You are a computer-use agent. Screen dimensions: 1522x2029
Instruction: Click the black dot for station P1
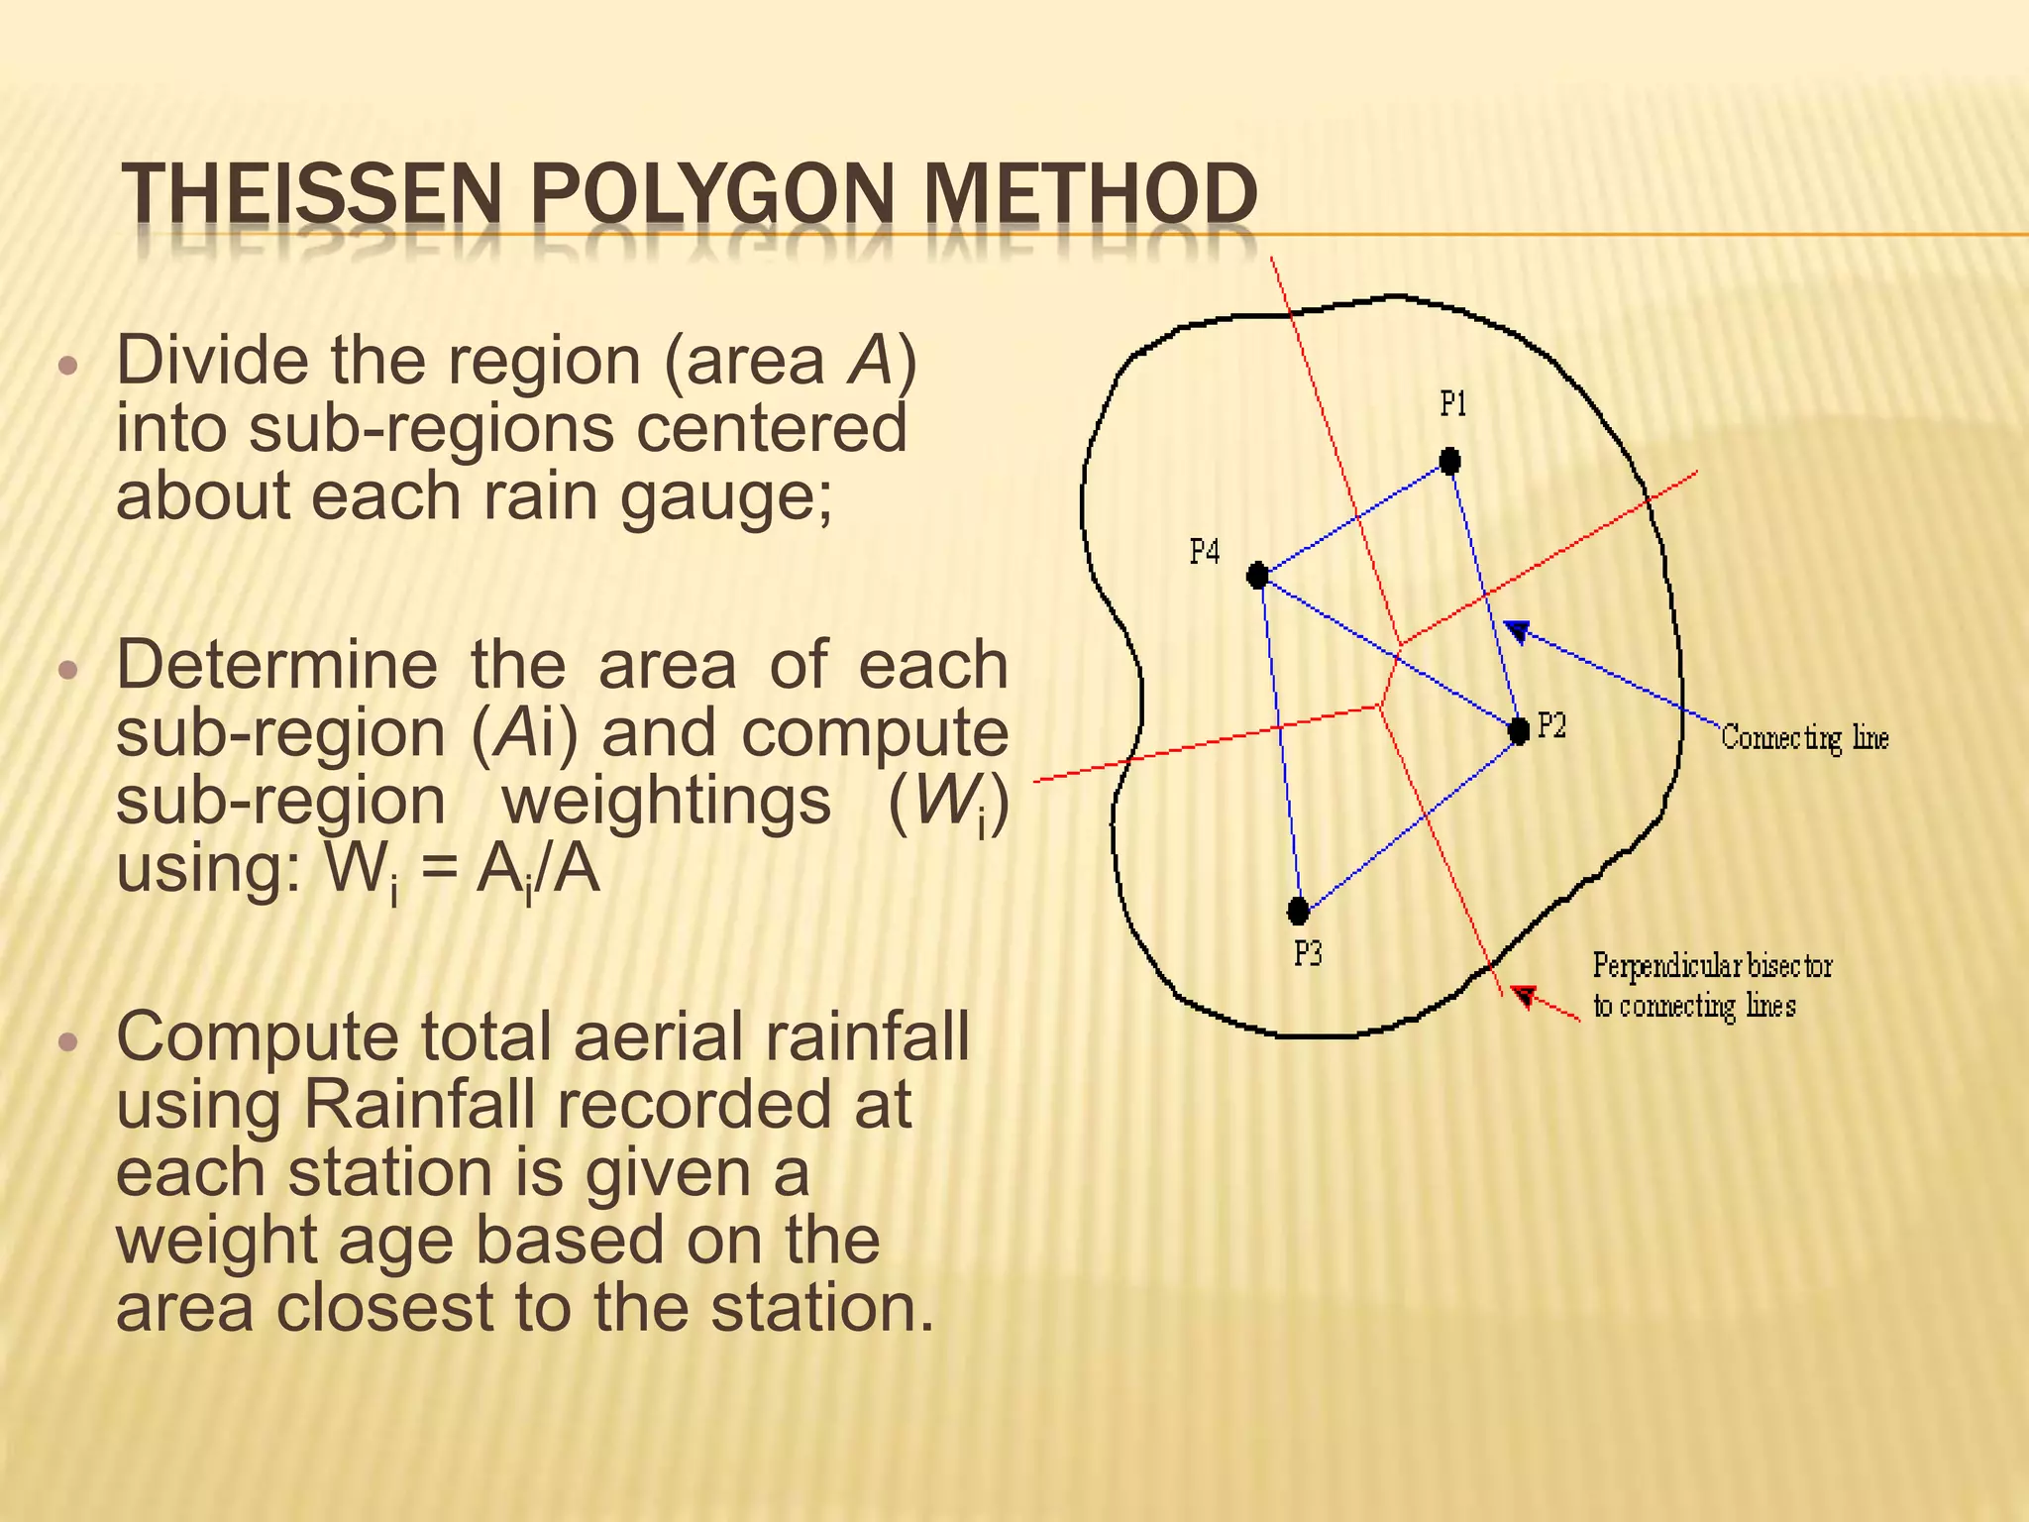coord(1449,461)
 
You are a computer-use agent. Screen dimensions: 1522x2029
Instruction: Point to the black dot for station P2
coord(1518,731)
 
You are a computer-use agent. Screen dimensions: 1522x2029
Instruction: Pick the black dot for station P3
coord(1298,910)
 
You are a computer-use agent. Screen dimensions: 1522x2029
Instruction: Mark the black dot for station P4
coord(1257,575)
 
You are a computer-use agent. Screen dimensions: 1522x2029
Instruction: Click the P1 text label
coord(1452,404)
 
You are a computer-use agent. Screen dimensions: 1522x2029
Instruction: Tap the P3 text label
coord(1308,953)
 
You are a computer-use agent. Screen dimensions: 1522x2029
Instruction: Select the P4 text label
coord(1204,551)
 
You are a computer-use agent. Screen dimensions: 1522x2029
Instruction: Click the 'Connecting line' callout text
coord(1804,738)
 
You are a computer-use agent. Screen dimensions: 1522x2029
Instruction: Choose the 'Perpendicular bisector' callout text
coord(1712,965)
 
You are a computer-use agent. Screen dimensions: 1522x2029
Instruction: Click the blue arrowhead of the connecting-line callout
coord(1518,631)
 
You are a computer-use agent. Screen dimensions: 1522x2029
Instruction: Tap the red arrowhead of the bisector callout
coord(1526,996)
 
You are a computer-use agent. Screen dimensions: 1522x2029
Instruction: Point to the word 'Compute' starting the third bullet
coord(258,1037)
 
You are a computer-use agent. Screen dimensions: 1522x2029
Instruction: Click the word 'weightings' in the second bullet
coord(666,801)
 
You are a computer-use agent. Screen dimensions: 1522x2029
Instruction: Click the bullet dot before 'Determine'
coord(67,670)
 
